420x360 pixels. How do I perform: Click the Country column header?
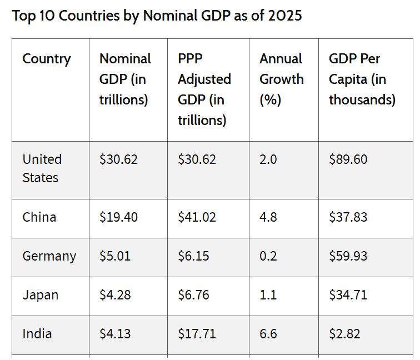pyautogui.click(x=47, y=59)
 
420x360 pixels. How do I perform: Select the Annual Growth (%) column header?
pyautogui.click(x=282, y=79)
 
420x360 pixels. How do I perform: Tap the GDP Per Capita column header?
pyautogui.click(x=362, y=79)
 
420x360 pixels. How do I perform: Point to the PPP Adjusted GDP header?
pyautogui.click(x=204, y=89)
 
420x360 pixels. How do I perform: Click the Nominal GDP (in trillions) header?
pyautogui.click(x=125, y=79)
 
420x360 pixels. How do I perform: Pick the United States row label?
pyautogui.click(x=42, y=168)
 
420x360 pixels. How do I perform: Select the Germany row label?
pyautogui.click(x=49, y=256)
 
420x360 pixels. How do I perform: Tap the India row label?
pyautogui.click(x=37, y=334)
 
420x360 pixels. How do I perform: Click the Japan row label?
pyautogui.click(x=41, y=295)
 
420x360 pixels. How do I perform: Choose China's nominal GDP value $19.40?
pyautogui.click(x=118, y=217)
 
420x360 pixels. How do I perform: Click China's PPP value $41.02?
pyautogui.click(x=197, y=217)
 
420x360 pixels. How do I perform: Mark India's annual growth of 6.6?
pyautogui.click(x=268, y=334)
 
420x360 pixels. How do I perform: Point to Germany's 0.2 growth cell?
pyautogui.click(x=268, y=256)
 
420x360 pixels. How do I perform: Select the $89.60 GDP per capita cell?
pyautogui.click(x=348, y=159)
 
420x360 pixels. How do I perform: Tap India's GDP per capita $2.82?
pyautogui.click(x=344, y=334)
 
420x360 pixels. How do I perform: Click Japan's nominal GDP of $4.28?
pyautogui.click(x=115, y=295)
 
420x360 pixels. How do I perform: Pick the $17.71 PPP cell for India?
pyautogui.click(x=197, y=334)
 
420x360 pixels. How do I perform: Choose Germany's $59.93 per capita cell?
pyautogui.click(x=348, y=256)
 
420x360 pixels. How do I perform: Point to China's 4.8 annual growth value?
pyautogui.click(x=268, y=217)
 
